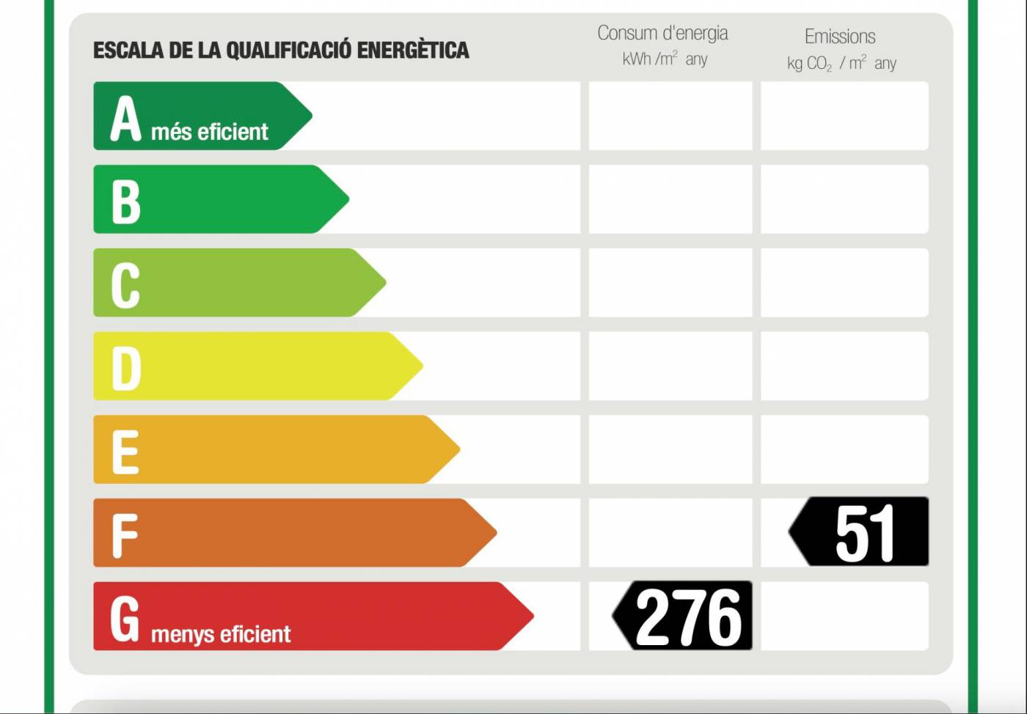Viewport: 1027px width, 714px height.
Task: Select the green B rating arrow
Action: (x=220, y=199)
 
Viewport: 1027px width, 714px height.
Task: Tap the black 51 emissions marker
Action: (x=860, y=532)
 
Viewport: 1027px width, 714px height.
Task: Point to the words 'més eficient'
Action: (x=210, y=132)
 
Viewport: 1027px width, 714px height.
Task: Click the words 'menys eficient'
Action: (x=221, y=634)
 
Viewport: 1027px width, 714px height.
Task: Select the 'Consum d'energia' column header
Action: (x=662, y=33)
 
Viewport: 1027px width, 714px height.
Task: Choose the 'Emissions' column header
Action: (x=840, y=37)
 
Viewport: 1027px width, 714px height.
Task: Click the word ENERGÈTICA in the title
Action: (x=413, y=51)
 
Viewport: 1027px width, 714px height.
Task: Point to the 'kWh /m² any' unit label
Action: (x=665, y=59)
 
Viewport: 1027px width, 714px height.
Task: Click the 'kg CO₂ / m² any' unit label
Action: (x=841, y=64)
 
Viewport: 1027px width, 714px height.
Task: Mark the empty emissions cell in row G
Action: (x=844, y=616)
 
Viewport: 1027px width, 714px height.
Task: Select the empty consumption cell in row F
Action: (x=670, y=533)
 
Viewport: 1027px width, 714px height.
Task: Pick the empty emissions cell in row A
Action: (x=844, y=116)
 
